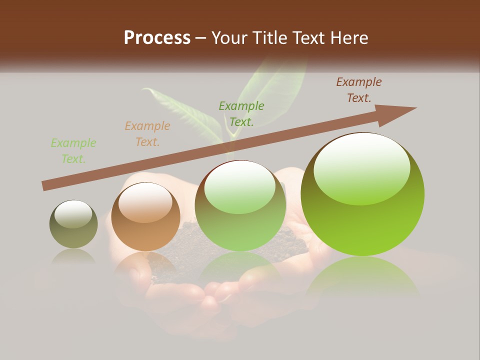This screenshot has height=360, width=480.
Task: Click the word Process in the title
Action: click(157, 37)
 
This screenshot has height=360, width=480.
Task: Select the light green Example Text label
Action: click(73, 151)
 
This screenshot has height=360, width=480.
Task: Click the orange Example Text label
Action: click(147, 134)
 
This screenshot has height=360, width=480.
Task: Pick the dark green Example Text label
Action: click(241, 113)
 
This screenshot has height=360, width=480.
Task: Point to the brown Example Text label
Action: click(359, 90)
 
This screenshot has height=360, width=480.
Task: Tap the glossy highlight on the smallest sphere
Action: click(73, 214)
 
